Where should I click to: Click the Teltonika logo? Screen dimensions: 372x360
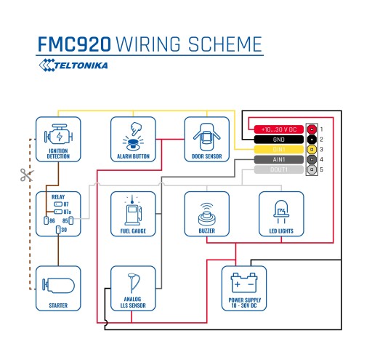click(x=73, y=65)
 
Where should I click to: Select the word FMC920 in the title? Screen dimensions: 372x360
click(x=74, y=44)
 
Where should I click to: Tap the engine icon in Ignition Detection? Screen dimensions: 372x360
click(x=58, y=135)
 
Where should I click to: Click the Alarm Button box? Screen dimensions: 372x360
click(x=133, y=139)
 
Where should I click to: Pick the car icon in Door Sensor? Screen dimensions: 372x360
click(x=206, y=137)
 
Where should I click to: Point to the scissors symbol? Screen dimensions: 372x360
click(x=27, y=175)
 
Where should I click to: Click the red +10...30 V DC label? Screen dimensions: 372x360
click(x=279, y=129)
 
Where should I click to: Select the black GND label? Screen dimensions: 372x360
click(x=279, y=140)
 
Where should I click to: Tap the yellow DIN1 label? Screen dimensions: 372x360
click(x=279, y=149)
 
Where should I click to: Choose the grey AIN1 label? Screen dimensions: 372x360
click(x=279, y=159)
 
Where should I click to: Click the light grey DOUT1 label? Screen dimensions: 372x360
click(x=279, y=169)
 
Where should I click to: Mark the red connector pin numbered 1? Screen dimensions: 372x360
click(x=312, y=129)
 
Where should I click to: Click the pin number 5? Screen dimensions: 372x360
click(x=321, y=169)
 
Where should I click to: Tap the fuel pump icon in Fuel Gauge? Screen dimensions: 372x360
click(x=133, y=210)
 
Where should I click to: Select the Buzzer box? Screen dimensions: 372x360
click(x=206, y=214)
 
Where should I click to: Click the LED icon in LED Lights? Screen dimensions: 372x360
click(x=281, y=212)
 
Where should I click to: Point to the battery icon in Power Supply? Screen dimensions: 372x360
click(x=244, y=283)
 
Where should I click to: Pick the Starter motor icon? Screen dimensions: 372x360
click(x=58, y=285)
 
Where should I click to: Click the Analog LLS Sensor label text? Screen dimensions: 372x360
click(x=133, y=303)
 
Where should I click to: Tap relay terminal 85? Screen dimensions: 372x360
click(x=70, y=220)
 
